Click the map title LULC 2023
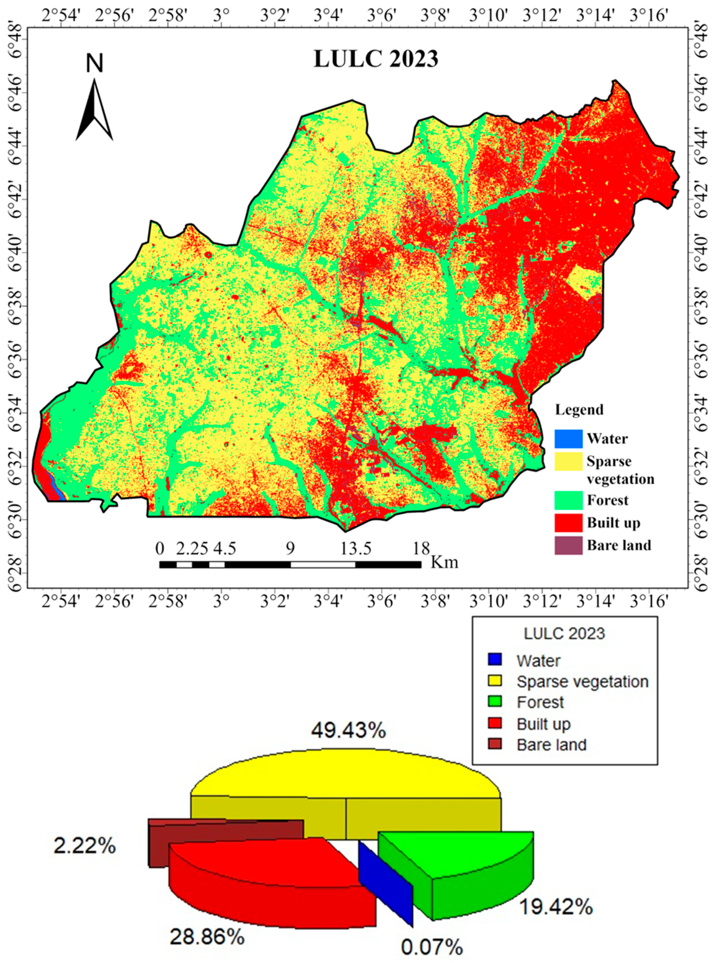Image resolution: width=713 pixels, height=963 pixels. tap(375, 59)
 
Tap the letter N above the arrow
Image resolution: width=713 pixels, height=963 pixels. tap(95, 64)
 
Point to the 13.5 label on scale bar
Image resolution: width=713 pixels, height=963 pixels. tap(356, 549)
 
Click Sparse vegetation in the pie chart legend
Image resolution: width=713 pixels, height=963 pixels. tap(582, 681)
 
